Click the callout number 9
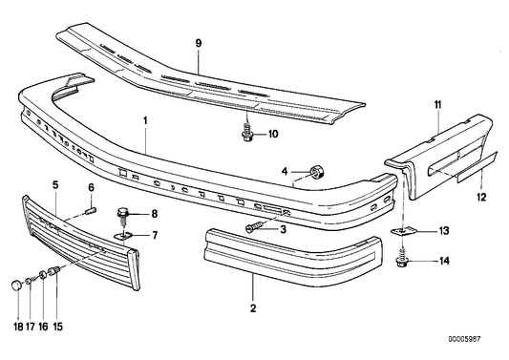[x=199, y=43]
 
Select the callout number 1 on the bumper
[x=146, y=122]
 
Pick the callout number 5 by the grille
[x=54, y=183]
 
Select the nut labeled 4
[x=315, y=172]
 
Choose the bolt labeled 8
[x=125, y=214]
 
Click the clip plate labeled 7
[x=123, y=233]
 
